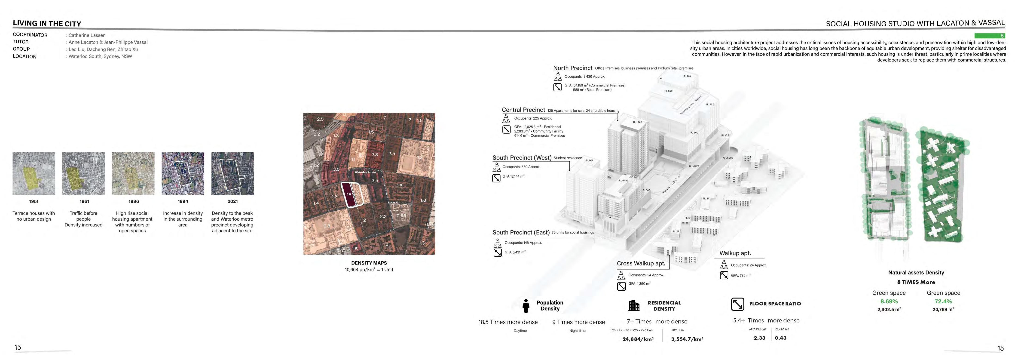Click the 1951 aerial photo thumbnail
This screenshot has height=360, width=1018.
pos(34,173)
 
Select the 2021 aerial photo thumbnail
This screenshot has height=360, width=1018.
pos(232,173)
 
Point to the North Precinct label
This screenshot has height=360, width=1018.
pos(573,68)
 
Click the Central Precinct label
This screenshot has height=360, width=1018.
pos(523,110)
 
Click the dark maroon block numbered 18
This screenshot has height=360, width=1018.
pos(349,194)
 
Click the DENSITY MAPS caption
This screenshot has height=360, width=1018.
pos(369,263)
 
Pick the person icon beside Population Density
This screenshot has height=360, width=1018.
pos(526,305)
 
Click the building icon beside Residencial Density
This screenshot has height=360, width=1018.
pos(633,305)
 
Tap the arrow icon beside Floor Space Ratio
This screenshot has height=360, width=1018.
pos(737,304)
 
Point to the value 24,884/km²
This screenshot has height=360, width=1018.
pos(638,339)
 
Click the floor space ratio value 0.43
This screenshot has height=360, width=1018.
pos(780,338)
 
